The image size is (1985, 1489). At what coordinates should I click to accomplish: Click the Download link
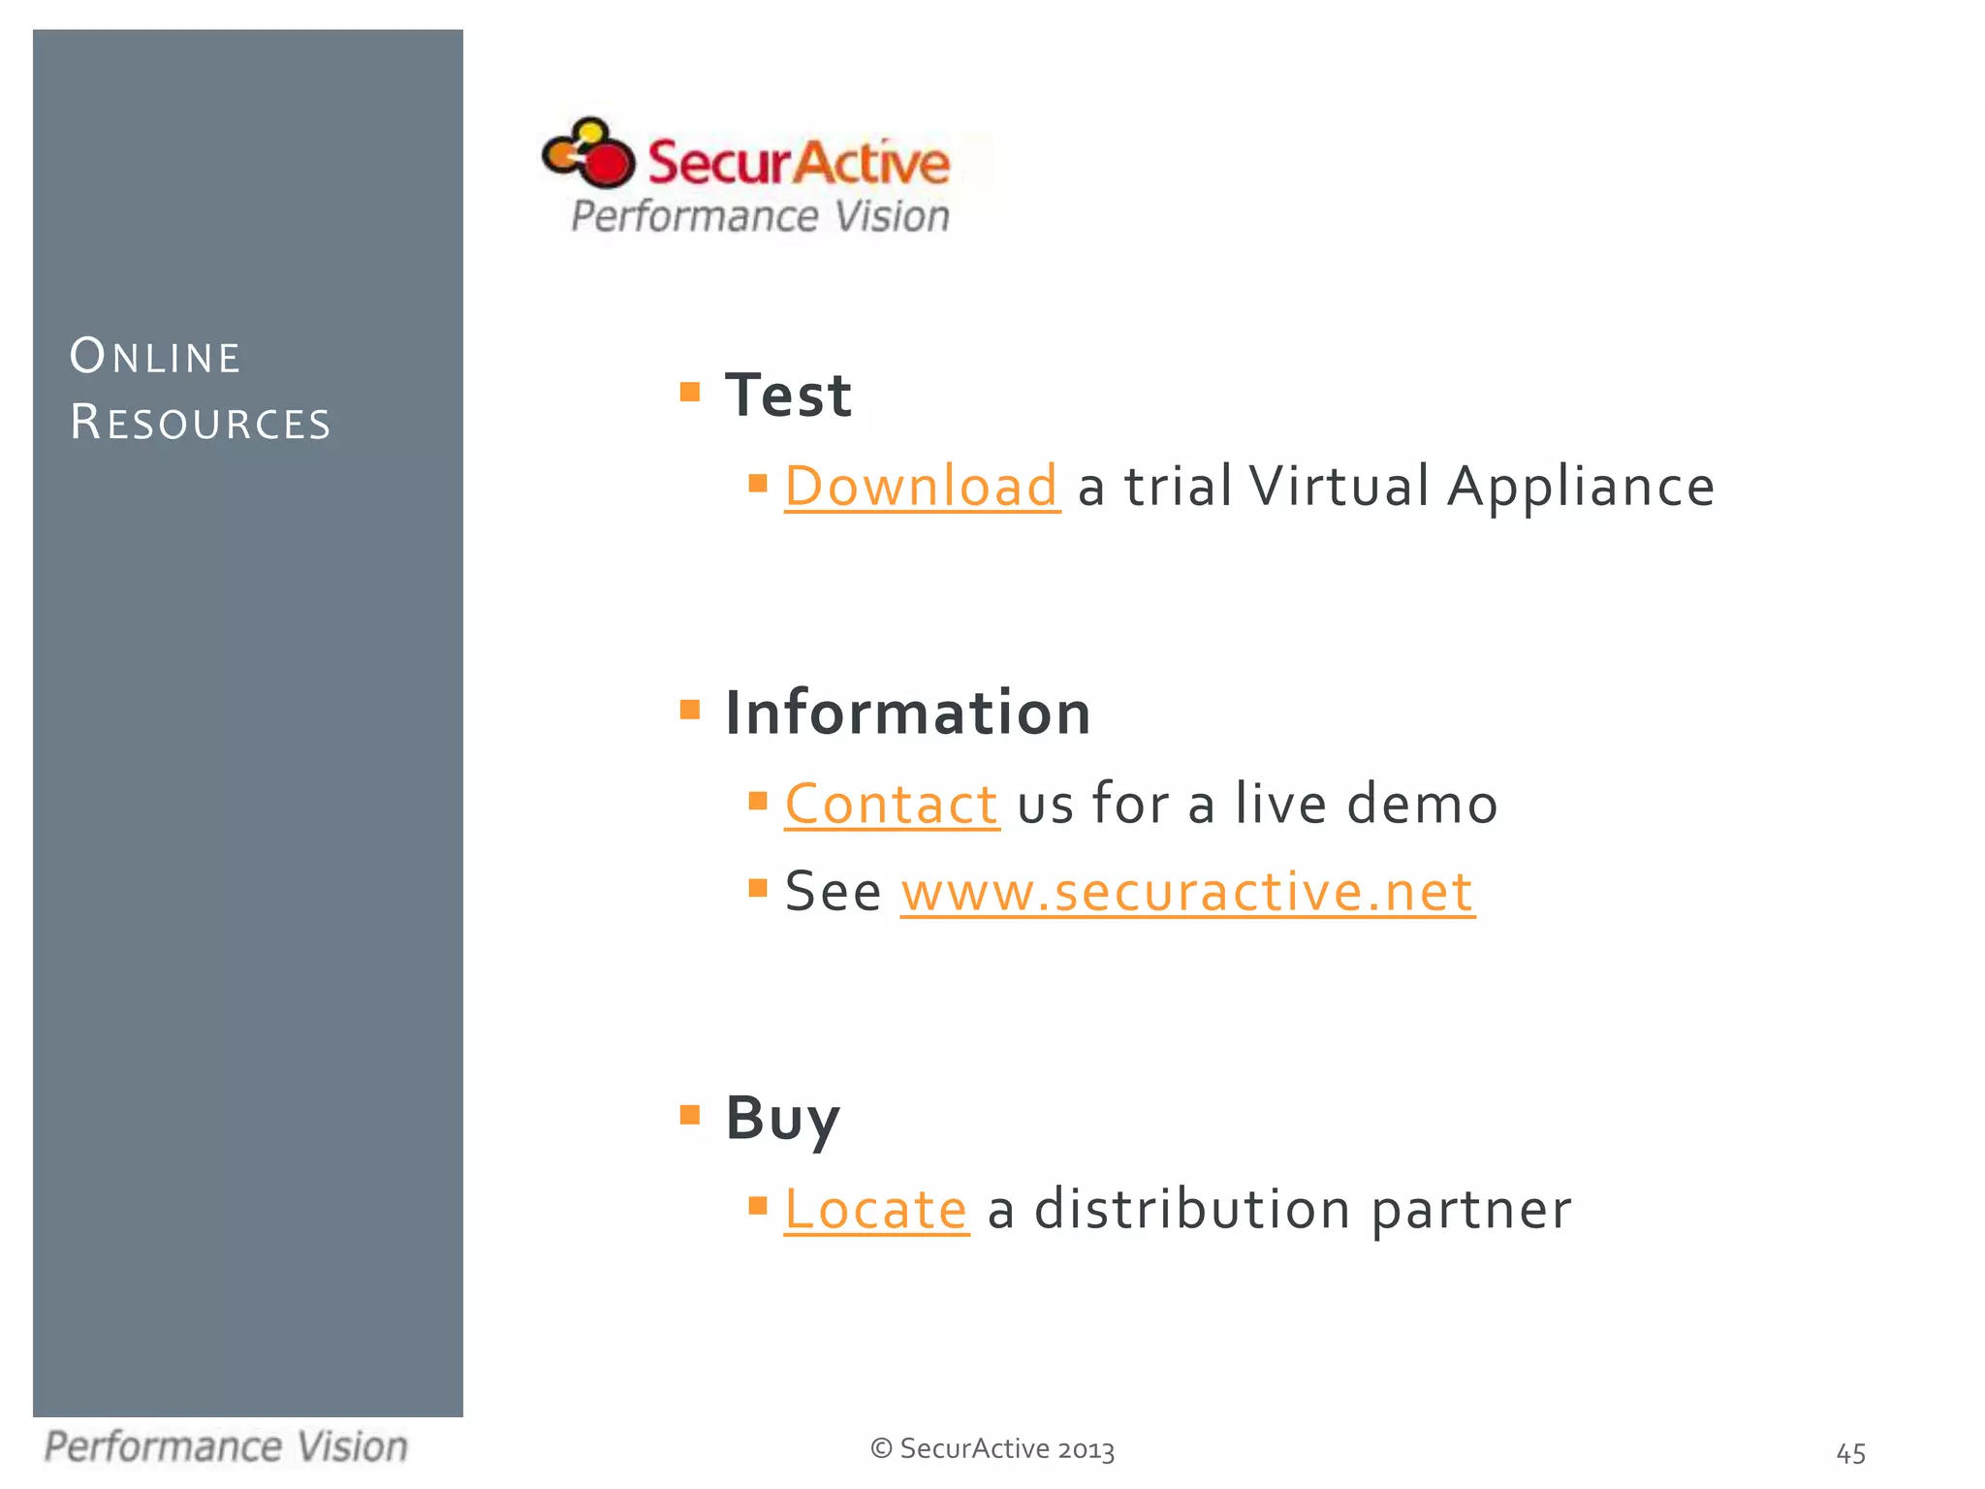point(921,487)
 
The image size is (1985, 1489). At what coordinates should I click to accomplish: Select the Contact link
point(891,805)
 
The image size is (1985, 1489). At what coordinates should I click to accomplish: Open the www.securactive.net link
point(1187,892)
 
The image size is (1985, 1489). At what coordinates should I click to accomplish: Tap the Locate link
point(875,1210)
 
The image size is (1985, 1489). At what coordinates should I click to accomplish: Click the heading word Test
point(788,396)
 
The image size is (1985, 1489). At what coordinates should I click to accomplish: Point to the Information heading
point(908,713)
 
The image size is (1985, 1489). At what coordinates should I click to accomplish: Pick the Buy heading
point(782,1119)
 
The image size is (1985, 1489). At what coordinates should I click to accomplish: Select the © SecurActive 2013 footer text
point(992,1448)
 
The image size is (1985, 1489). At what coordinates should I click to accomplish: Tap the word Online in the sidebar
point(155,357)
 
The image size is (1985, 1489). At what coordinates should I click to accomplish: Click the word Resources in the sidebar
point(201,423)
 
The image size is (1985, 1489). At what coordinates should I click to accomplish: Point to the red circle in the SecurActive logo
point(609,164)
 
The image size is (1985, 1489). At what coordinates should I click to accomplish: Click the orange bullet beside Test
point(690,392)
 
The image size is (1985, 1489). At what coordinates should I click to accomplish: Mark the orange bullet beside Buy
point(690,1115)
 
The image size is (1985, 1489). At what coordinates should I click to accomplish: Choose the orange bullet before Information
point(690,710)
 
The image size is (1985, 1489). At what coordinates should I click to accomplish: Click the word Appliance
point(1581,487)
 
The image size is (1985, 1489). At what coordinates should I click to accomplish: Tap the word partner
point(1470,1210)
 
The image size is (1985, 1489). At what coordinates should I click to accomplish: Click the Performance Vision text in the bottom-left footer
point(226,1447)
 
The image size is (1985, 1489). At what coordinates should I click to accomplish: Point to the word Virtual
point(1339,487)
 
